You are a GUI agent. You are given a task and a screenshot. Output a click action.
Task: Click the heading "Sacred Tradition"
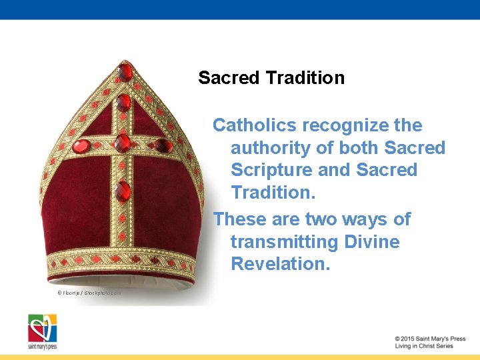[271, 78]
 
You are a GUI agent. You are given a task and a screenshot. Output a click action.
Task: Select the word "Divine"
[372, 241]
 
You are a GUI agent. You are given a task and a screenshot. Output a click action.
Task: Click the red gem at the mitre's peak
[125, 71]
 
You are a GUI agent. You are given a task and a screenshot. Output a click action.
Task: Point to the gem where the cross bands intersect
[122, 143]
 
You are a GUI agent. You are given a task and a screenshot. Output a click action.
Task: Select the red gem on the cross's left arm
[81, 146]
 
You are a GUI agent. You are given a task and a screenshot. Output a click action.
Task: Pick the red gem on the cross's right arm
[163, 145]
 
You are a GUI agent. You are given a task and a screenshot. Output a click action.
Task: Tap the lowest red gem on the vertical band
[122, 191]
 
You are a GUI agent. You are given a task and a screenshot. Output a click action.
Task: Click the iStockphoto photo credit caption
[89, 293]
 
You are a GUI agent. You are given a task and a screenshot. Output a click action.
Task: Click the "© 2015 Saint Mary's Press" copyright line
[430, 339]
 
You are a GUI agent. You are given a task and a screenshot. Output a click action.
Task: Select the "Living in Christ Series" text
[424, 346]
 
